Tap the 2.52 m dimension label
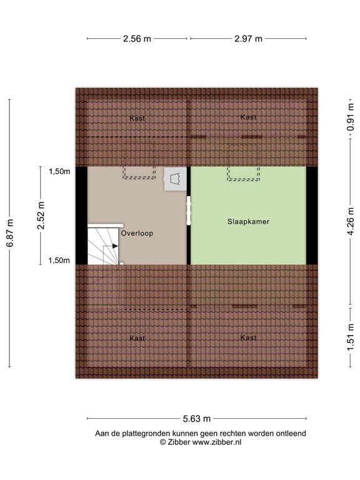tap(42, 216)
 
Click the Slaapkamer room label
tap(248, 221)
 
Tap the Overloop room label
tap(137, 233)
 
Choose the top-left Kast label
tap(137, 118)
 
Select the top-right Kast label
tap(248, 117)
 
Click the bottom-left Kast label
tap(137, 338)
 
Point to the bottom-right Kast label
tap(248, 337)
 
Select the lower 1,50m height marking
tap(59, 261)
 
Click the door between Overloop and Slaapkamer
tap(188, 211)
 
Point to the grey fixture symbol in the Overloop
tap(173, 179)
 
